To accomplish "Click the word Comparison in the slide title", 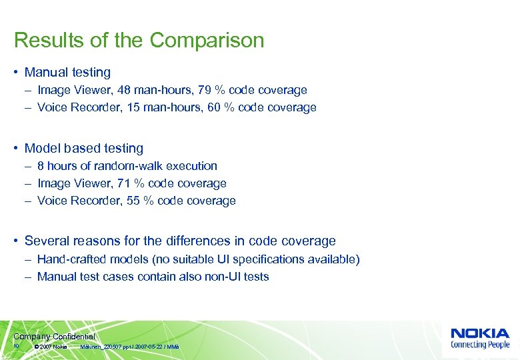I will click(x=207, y=41).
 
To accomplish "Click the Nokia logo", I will click(x=480, y=333).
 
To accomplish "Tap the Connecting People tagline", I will click(x=480, y=345).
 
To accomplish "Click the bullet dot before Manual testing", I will click(x=17, y=73).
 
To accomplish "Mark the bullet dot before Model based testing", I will click(x=17, y=149).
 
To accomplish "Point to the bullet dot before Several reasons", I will click(x=17, y=241).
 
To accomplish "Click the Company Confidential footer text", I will click(x=54, y=337).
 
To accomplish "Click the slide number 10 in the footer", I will click(x=16, y=347).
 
